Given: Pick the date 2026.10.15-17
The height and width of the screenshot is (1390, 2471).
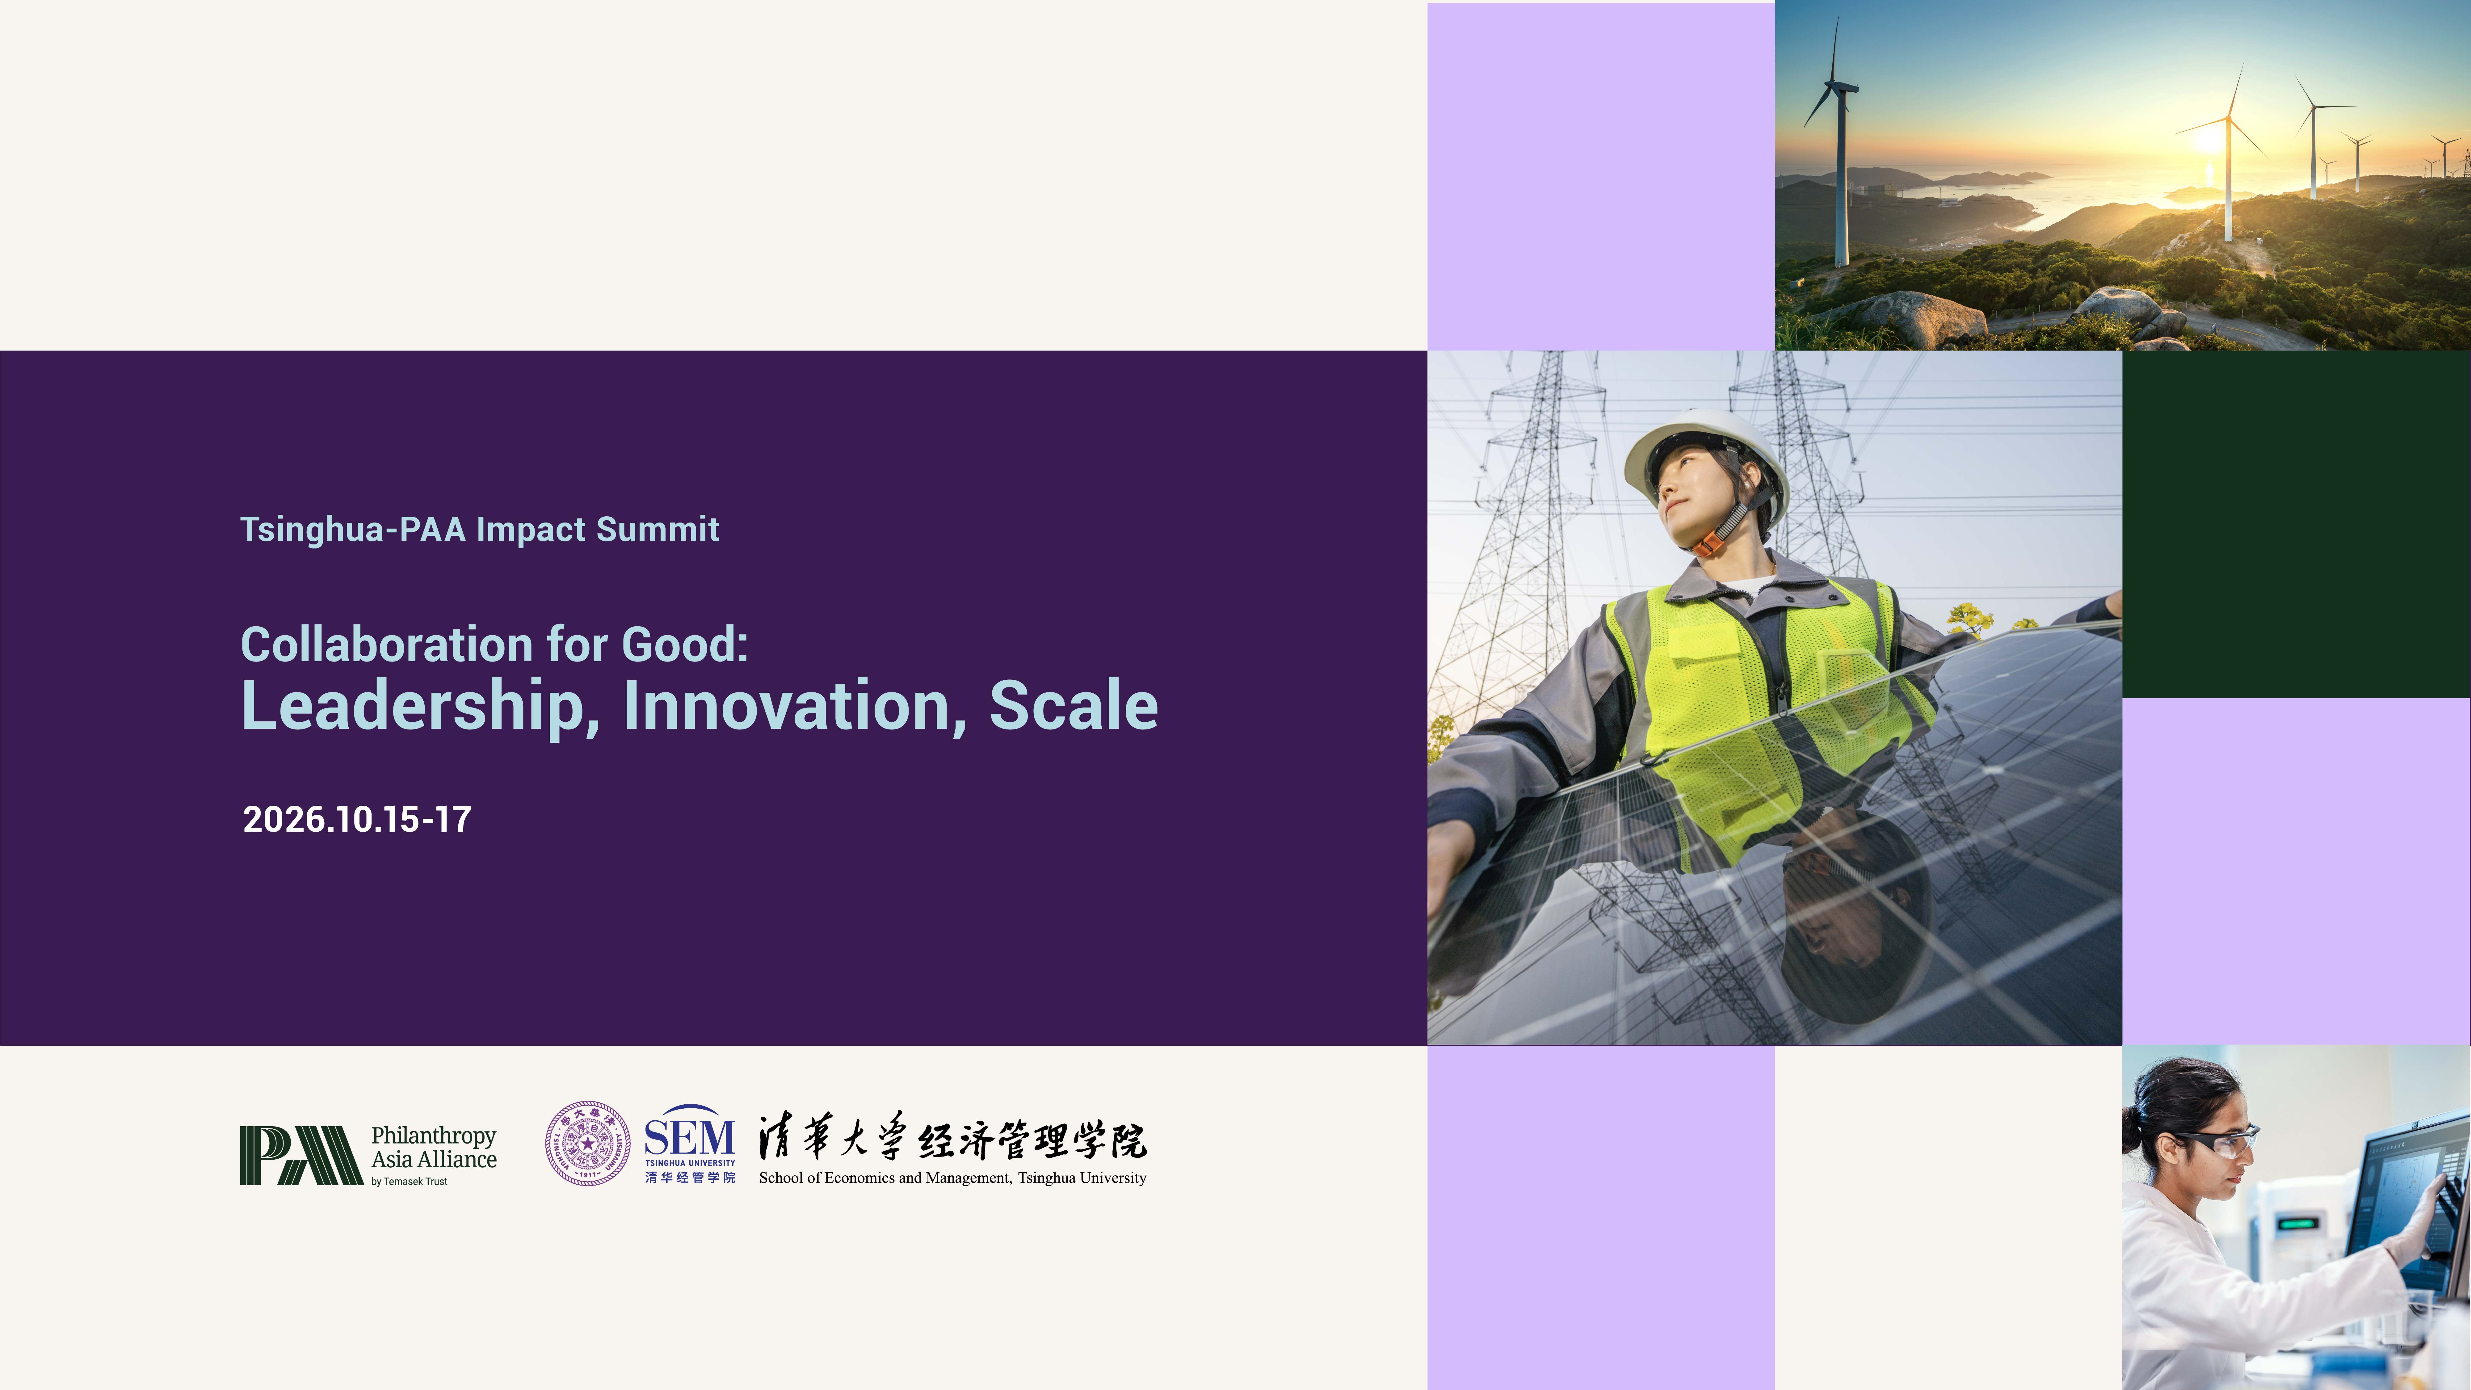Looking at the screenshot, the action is tap(357, 819).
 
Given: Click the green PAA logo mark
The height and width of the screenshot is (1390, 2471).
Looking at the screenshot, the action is tap(300, 1156).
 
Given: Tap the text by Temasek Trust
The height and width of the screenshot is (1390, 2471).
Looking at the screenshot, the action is tap(410, 1182).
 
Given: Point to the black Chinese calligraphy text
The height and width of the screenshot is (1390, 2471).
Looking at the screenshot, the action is tap(952, 1138).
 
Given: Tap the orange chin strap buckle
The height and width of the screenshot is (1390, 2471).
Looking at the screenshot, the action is tap(1707, 545).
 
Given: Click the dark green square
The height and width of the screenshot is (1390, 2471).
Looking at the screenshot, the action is tap(2297, 524).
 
